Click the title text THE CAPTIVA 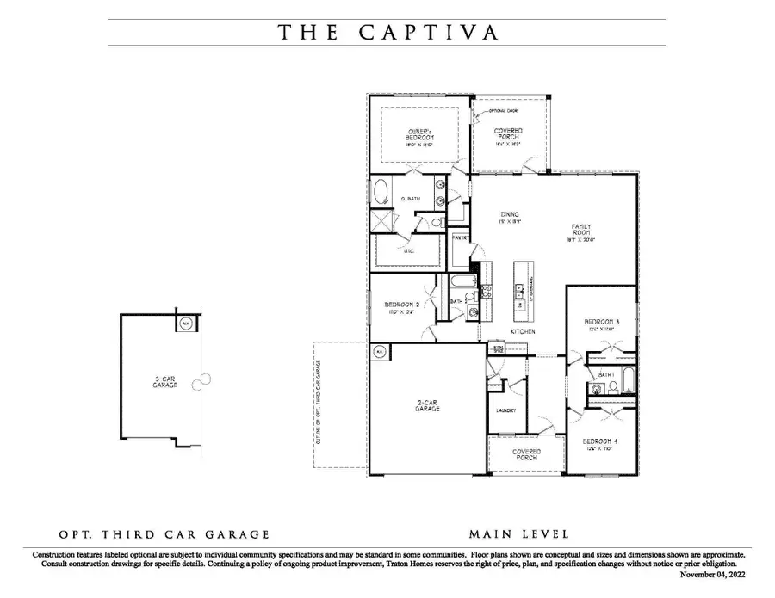pos(387,33)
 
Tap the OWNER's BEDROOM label pos(420,134)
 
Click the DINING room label pos(512,215)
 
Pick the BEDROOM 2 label pos(401,306)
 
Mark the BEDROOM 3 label pos(600,323)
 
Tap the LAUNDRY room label pos(505,410)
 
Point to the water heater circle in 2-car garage pos(380,351)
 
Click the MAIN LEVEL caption pos(518,534)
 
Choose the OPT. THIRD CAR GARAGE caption pos(164,534)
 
